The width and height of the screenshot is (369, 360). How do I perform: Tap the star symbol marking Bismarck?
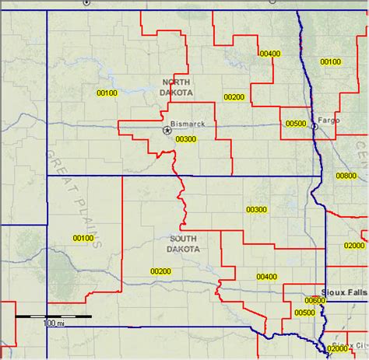[x=167, y=131]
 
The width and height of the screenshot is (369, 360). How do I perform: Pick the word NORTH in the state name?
[x=176, y=82]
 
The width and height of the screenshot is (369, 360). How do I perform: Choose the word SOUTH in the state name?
[x=184, y=238]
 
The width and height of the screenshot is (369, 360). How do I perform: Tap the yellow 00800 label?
[x=346, y=176]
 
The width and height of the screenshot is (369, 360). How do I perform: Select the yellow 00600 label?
[x=315, y=300]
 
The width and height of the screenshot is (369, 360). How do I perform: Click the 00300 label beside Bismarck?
[x=186, y=139]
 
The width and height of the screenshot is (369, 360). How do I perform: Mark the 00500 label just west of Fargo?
[x=296, y=123]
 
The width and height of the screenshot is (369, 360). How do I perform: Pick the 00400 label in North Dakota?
[x=269, y=53]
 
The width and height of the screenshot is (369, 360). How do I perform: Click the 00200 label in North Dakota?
[x=234, y=97]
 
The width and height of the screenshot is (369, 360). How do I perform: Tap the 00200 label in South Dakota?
[x=160, y=271]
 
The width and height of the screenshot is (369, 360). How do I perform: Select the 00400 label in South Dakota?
[x=266, y=276]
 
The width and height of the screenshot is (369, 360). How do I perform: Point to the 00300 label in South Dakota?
[x=256, y=210]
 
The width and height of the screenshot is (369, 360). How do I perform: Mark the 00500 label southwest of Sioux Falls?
[x=304, y=313]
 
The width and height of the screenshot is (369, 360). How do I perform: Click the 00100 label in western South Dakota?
[x=83, y=238]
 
